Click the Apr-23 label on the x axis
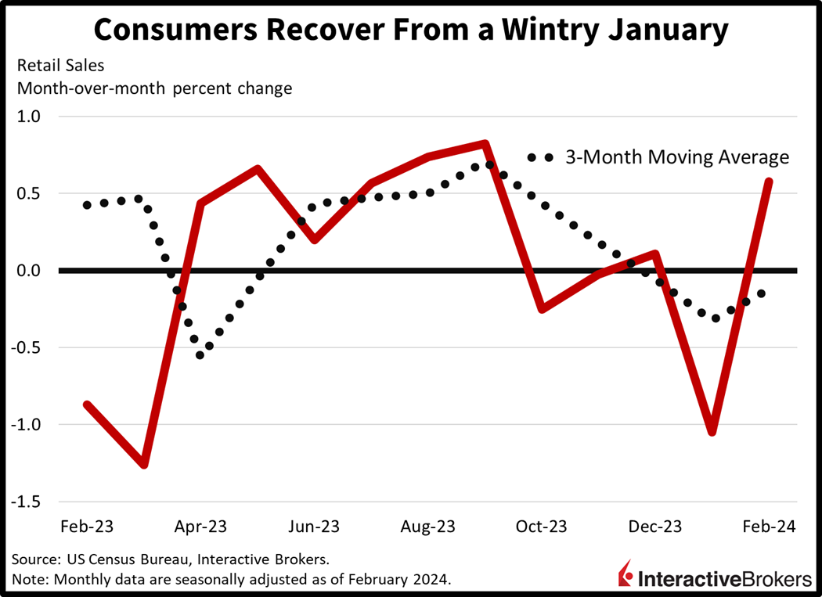[x=200, y=527]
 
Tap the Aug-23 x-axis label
[x=428, y=527]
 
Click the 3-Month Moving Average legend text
[x=677, y=157]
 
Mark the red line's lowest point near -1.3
[x=144, y=465]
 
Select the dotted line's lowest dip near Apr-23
[x=200, y=355]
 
